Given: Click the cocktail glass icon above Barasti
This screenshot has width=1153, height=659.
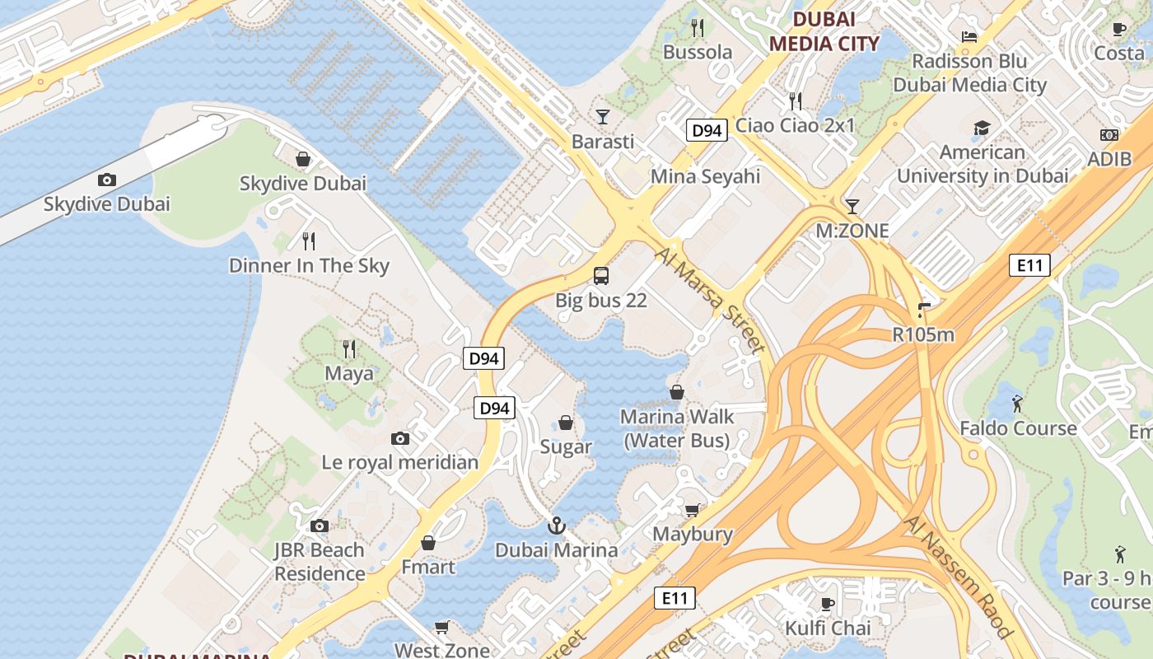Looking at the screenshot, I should tap(603, 116).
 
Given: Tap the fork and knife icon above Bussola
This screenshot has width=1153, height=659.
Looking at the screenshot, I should tap(698, 28).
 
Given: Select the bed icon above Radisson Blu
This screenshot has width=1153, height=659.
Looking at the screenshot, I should tap(969, 36).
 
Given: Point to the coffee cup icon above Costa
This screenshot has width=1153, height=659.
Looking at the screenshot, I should tap(1118, 29).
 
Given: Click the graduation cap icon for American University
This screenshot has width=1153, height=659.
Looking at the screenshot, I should tap(982, 128).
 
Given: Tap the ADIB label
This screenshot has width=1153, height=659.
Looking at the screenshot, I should tap(1109, 159).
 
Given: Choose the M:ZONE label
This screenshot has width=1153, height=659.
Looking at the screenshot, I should tap(852, 231).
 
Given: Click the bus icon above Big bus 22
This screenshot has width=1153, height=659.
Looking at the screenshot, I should tap(601, 275).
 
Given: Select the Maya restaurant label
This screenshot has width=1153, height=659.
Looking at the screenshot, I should tap(348, 373).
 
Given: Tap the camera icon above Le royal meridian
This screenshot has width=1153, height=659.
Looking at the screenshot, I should tap(400, 438).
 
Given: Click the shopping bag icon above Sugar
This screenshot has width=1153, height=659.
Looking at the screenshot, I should tap(566, 423).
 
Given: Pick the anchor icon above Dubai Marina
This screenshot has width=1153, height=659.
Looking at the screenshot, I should tap(557, 525).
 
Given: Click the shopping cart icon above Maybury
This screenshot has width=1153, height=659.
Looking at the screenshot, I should tap(692, 510).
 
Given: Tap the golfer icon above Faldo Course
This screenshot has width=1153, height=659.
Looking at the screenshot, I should tap(1018, 404).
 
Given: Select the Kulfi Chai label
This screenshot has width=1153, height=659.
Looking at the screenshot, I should tap(828, 628).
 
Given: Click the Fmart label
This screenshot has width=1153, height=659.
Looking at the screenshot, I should tap(427, 567).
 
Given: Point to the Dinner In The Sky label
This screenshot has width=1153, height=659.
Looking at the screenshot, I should tap(309, 265).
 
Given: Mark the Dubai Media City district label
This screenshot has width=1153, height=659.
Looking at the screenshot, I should tap(824, 31).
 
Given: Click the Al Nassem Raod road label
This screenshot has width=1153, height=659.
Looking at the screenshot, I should tap(957, 577).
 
